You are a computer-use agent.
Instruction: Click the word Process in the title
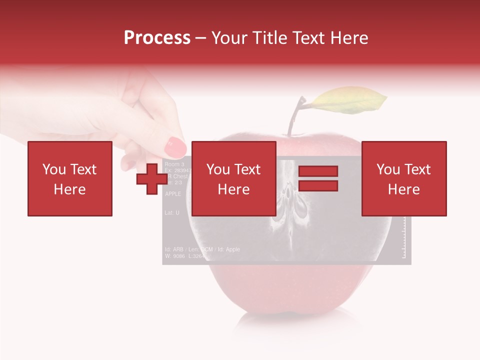click(x=157, y=38)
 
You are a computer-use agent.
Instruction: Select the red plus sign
click(x=152, y=178)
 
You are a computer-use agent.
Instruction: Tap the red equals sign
click(x=318, y=178)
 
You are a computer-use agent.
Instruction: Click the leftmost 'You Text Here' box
click(x=69, y=178)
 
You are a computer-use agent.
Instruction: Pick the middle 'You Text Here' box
click(x=233, y=178)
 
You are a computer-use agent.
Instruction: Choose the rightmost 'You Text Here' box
click(x=403, y=178)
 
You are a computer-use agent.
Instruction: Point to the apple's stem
click(x=295, y=117)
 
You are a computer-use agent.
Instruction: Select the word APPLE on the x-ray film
click(x=173, y=194)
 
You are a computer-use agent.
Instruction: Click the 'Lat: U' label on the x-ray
click(x=172, y=213)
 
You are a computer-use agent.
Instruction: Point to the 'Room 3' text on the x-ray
click(x=174, y=164)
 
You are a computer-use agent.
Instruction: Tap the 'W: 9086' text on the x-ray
click(x=175, y=256)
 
